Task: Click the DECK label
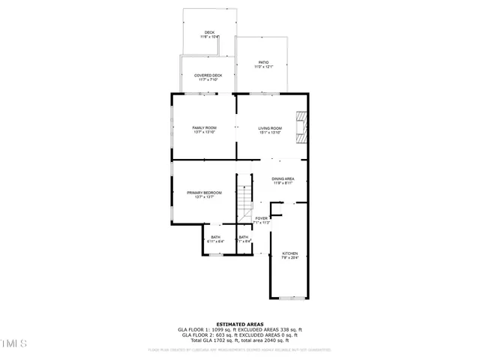point(210,32)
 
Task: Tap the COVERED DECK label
point(208,75)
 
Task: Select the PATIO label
point(263,62)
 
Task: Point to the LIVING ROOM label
point(270,128)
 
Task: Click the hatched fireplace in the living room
point(301,126)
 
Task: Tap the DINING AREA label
point(283,178)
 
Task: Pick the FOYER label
point(261,218)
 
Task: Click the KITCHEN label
point(289,253)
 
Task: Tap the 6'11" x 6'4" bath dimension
point(215,241)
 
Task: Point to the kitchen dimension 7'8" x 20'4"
point(289,258)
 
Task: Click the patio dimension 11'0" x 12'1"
point(263,67)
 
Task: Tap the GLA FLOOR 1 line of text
point(239,330)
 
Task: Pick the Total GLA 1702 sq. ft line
point(239,340)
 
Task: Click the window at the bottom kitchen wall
point(289,298)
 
